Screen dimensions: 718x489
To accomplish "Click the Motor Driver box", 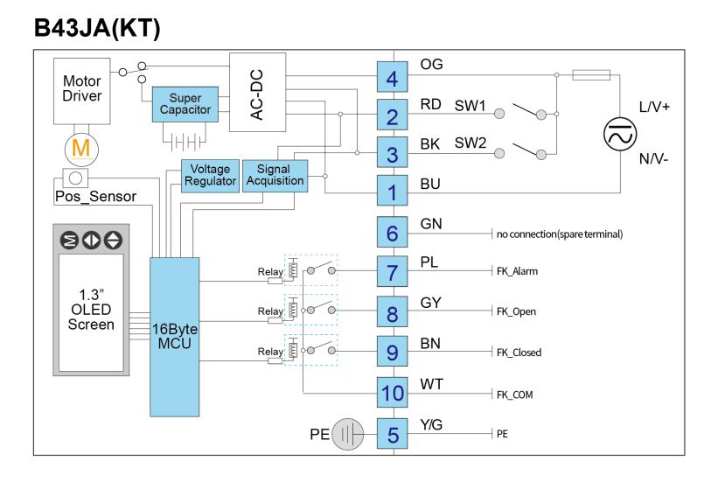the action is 82,91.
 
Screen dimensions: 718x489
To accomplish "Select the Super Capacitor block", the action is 185,104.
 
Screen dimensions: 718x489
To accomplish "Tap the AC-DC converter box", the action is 257,92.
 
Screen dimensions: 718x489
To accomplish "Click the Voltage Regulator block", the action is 210,175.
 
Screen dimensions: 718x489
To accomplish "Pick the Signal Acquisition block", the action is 275,175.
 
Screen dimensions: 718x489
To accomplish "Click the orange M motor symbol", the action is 81,149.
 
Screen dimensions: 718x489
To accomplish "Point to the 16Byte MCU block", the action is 174,337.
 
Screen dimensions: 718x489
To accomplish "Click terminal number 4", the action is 393,77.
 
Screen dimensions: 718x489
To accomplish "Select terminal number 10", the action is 393,393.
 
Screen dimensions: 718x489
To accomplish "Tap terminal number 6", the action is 393,233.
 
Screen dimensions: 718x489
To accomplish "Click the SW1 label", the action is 470,105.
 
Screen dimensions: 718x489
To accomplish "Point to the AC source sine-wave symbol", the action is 620,134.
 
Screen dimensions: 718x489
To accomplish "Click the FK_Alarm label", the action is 517,271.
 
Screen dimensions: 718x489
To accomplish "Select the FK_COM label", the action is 515,395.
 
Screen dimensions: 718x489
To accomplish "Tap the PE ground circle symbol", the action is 347,434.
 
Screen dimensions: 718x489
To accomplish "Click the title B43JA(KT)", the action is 97,28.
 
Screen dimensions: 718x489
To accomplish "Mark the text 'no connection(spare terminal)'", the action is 560,234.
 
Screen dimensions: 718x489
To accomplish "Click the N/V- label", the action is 653,159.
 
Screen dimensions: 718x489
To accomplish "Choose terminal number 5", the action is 393,434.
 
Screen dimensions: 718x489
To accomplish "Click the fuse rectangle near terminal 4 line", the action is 591,74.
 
